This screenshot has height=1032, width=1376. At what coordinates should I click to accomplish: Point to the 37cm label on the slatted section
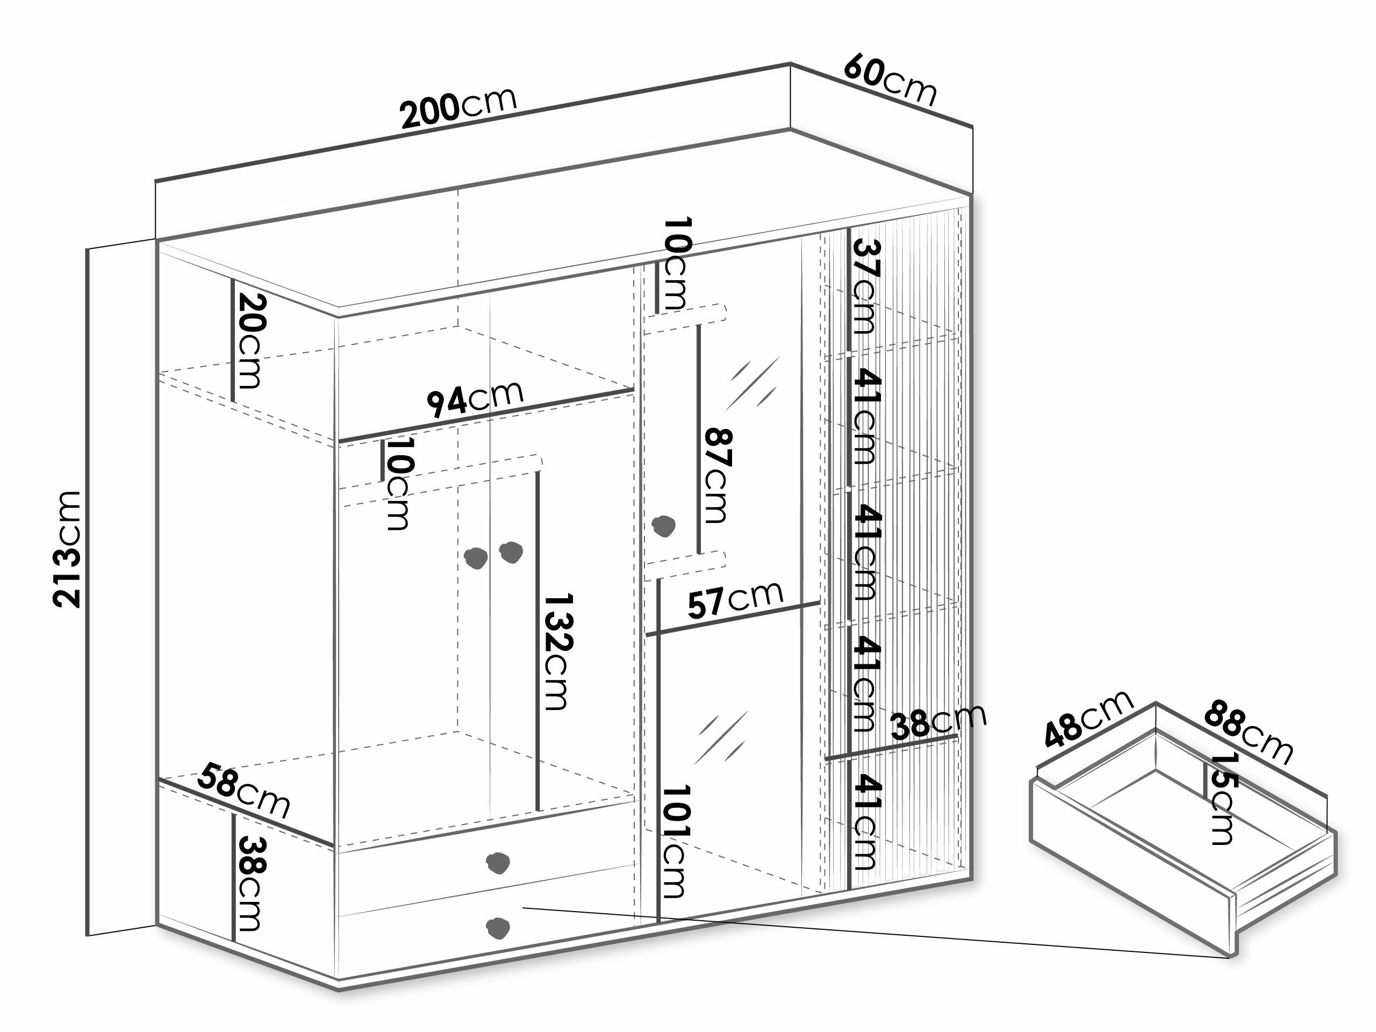pyautogui.click(x=865, y=286)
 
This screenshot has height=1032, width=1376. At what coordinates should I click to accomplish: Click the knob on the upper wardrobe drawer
pyautogui.click(x=498, y=862)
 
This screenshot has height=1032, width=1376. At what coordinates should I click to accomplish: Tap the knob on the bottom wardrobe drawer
pyautogui.click(x=498, y=928)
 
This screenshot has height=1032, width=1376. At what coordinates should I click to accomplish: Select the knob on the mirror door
pyautogui.click(x=663, y=526)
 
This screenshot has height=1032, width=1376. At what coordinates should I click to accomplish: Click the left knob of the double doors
pyautogui.click(x=477, y=558)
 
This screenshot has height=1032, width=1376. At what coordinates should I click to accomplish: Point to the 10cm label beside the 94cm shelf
pyautogui.click(x=399, y=484)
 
